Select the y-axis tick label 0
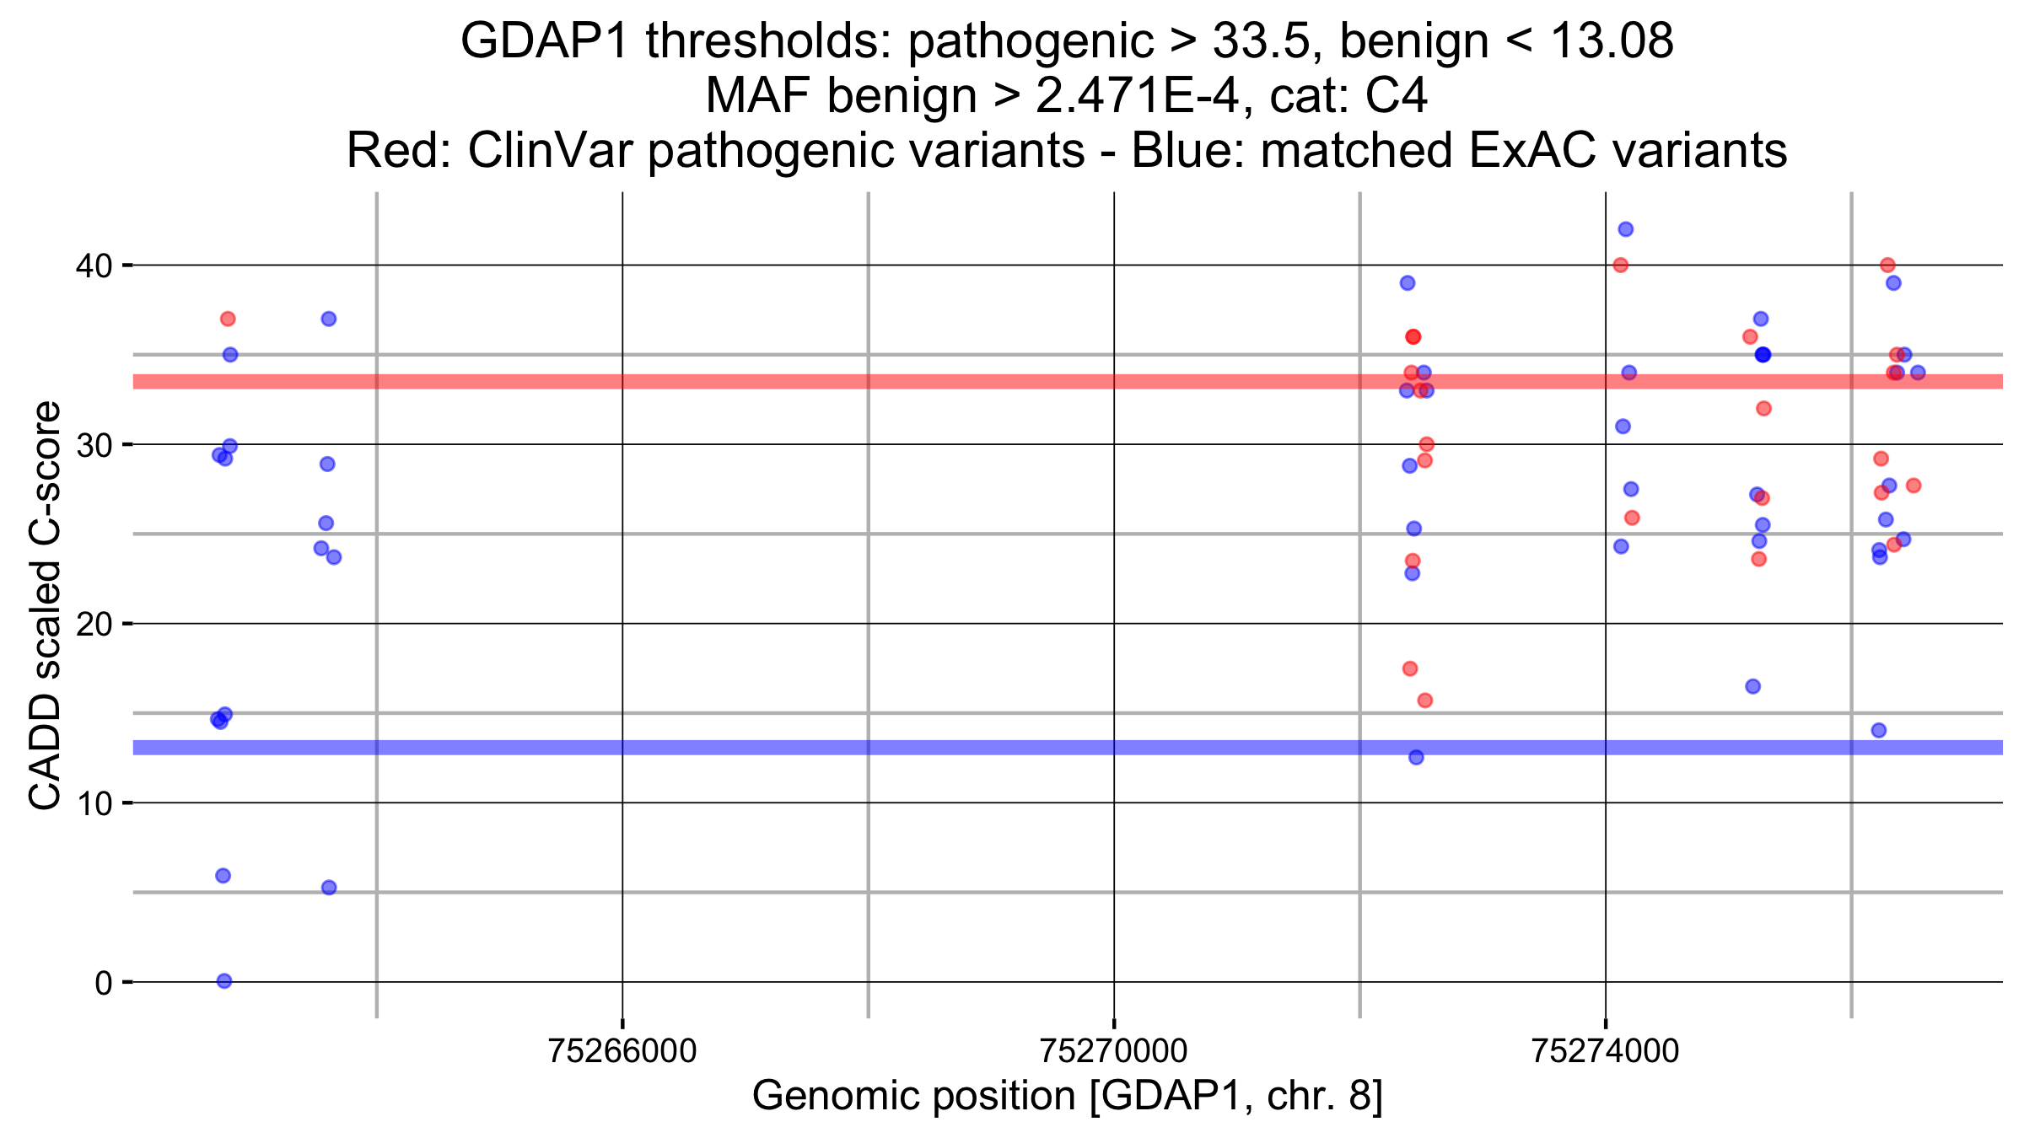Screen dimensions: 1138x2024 [x=103, y=983]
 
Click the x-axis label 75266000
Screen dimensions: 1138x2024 [x=622, y=1051]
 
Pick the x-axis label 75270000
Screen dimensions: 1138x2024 [x=1113, y=1051]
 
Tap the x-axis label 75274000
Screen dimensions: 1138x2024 [x=1605, y=1051]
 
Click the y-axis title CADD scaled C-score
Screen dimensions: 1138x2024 [x=46, y=604]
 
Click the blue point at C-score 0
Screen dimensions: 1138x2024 [x=224, y=980]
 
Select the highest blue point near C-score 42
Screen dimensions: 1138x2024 [x=1626, y=229]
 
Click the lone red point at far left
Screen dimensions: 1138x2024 [x=228, y=319]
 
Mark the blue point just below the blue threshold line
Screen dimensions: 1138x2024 [x=1416, y=757]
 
